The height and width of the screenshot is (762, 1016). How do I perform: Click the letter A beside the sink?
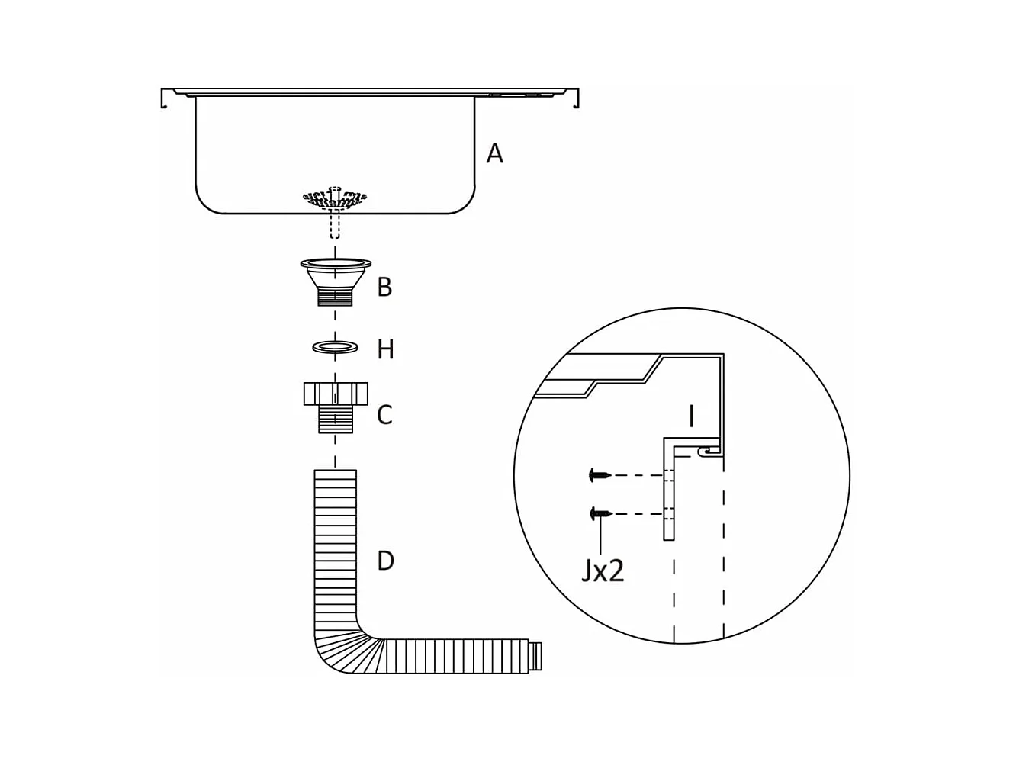(x=494, y=153)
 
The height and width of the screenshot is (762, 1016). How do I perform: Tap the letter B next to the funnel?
(x=384, y=287)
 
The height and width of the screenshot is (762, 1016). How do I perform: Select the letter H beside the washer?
(x=385, y=350)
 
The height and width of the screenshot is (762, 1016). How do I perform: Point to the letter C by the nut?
(x=384, y=414)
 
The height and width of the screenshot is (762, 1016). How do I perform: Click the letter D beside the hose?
(x=385, y=561)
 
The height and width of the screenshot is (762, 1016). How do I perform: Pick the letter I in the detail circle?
(x=691, y=416)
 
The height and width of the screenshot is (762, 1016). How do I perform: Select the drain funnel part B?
(x=336, y=281)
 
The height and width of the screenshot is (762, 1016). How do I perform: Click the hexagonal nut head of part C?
(x=336, y=394)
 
